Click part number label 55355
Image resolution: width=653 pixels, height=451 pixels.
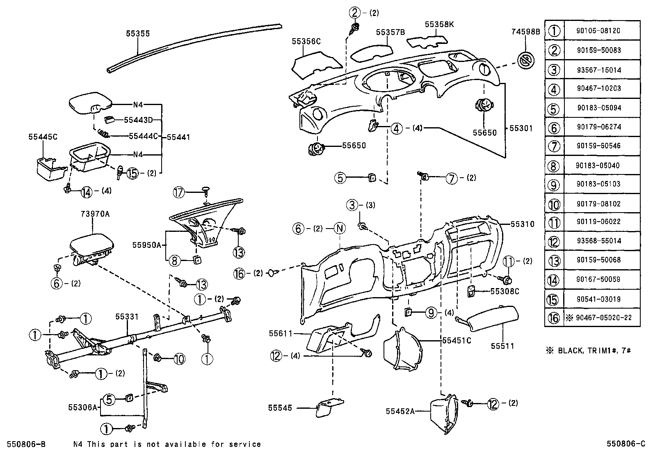138,34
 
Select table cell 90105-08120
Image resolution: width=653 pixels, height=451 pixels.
598,30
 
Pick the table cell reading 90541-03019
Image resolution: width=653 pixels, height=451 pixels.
598,299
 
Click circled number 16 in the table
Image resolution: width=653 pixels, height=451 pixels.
554,318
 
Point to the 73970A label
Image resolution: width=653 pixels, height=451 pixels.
93,214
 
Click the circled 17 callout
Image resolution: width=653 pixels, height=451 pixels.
179,192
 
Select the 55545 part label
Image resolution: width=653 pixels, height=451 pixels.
280,408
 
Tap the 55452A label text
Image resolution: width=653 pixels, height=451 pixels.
400,411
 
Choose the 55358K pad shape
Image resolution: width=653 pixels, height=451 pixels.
427,40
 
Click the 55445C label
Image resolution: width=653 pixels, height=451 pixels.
43,137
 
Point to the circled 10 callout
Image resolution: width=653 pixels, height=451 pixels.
179,359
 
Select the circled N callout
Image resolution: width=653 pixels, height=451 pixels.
340,229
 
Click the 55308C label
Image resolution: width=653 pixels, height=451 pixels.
505,291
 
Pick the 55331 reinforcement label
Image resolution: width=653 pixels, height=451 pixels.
127,316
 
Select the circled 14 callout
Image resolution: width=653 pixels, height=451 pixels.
87,191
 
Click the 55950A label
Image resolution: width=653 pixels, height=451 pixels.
146,245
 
